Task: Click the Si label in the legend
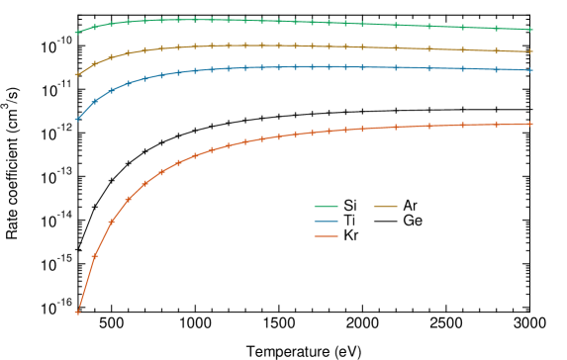tap(351, 206)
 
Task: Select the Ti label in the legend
tap(350, 221)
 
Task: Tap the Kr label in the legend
tap(351, 236)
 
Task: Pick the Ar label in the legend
tap(411, 206)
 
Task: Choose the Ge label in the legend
tap(413, 221)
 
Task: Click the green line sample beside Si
tap(328, 206)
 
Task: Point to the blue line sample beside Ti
tap(328, 221)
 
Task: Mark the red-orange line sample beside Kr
tap(328, 236)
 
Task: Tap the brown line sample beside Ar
tap(387, 206)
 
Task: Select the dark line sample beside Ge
tap(387, 221)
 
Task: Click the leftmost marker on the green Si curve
tap(77, 32)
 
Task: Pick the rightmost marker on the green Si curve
tap(531, 30)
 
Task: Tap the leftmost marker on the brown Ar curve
tap(77, 74)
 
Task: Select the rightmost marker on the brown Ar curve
tap(531, 51)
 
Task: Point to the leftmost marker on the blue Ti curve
tap(77, 119)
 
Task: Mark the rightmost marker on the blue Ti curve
tap(531, 70)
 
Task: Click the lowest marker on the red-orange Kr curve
tap(77, 313)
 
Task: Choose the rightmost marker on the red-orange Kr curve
tap(531, 124)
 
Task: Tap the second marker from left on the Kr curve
tap(94, 256)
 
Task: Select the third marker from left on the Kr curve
tap(111, 223)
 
